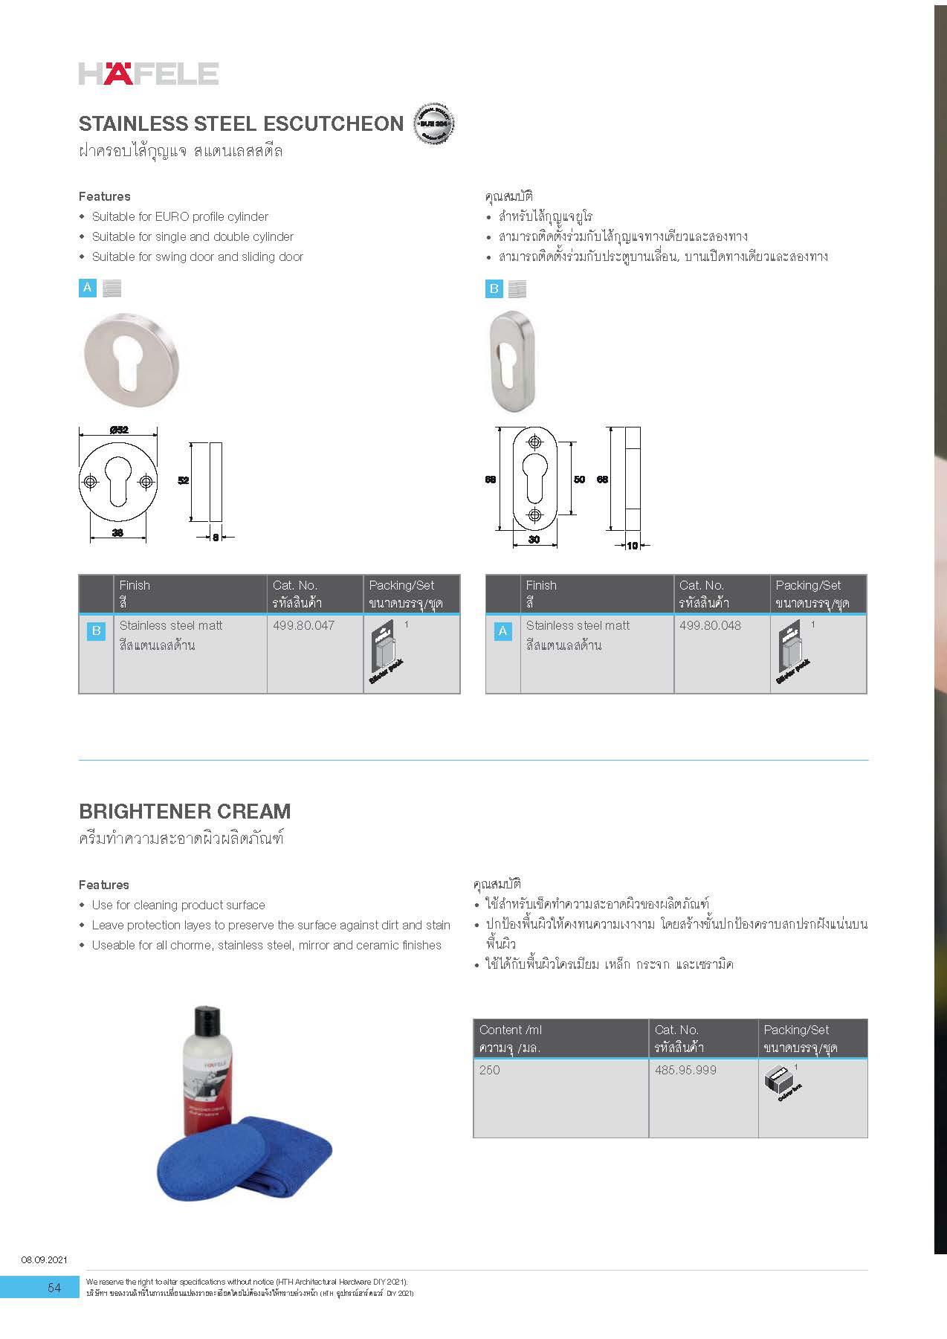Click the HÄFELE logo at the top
tap(149, 74)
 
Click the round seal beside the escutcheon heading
tap(433, 123)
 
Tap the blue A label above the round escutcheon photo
tap(88, 288)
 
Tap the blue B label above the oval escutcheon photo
tap(494, 288)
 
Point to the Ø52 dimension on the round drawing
tap(118, 430)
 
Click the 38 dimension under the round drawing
tap(117, 532)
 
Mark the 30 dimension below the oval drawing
tap(534, 540)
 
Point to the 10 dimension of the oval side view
tap(633, 545)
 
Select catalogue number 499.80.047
tap(303, 625)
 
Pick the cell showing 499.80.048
tap(710, 625)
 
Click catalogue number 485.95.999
tap(685, 1070)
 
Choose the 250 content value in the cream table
tap(490, 1070)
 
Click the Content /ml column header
tap(511, 1030)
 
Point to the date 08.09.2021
tap(44, 1259)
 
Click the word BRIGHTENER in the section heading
tap(142, 811)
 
